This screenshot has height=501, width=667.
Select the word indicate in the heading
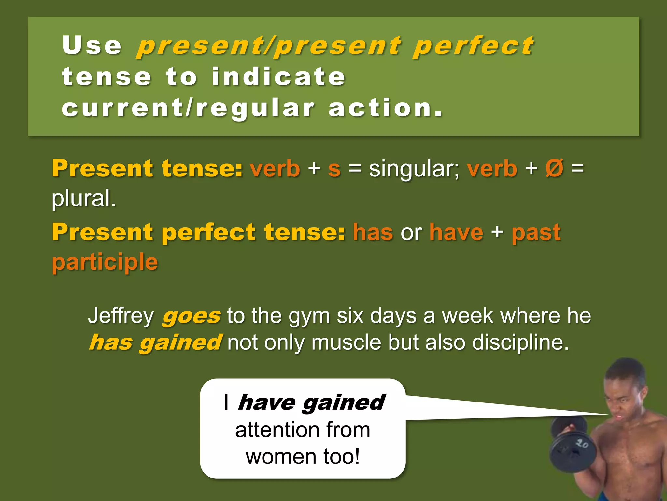(278, 77)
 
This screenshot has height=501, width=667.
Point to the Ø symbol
(554, 168)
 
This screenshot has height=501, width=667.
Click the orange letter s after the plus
(334, 169)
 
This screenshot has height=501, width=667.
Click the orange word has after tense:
(373, 232)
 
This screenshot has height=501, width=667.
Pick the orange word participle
(105, 262)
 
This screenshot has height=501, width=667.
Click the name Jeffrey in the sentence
(121, 316)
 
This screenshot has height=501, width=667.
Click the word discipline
(520, 342)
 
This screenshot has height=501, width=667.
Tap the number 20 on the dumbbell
(582, 443)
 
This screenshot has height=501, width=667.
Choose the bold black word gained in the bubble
(344, 402)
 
